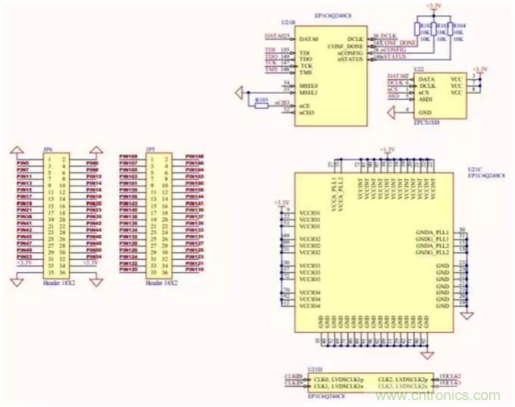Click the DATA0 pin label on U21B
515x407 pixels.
point(309,37)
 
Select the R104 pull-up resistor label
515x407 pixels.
point(459,25)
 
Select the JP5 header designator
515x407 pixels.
point(150,150)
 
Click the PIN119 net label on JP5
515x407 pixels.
point(195,269)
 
